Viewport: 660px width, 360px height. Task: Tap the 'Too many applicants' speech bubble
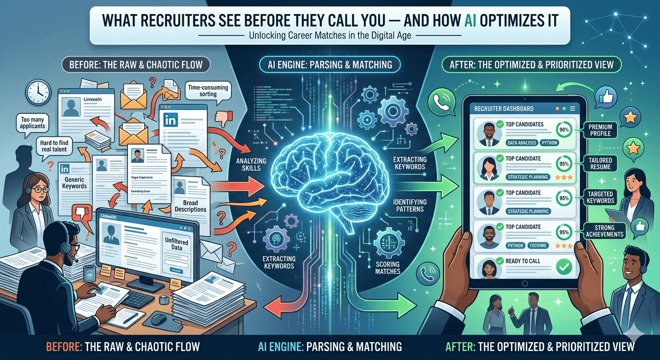click(x=33, y=123)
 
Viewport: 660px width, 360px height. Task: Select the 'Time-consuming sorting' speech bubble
click(x=208, y=90)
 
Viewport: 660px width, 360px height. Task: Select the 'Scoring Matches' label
click(x=388, y=267)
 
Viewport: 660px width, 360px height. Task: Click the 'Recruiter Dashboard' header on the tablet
click(x=503, y=108)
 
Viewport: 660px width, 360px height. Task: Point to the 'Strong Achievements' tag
click(x=604, y=231)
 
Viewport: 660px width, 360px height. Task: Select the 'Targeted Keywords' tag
click(x=600, y=197)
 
